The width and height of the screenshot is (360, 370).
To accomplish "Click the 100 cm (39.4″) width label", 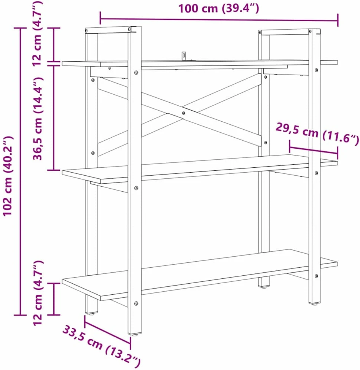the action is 218,8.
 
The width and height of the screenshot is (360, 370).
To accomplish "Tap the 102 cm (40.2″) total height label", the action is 8,176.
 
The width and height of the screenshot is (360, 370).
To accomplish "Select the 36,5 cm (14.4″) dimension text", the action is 37,119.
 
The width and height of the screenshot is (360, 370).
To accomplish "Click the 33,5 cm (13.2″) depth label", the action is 102,346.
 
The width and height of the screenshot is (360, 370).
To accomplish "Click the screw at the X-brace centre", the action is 183,113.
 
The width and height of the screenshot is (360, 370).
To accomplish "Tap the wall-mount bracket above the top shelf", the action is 184,56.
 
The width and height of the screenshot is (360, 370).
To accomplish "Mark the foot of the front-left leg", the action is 135,334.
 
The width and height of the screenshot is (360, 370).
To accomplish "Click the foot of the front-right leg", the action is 314,304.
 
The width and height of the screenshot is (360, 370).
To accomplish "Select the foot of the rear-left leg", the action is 91,314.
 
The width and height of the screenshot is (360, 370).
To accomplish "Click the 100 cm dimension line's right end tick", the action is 338,20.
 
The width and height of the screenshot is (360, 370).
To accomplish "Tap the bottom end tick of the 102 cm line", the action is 20,315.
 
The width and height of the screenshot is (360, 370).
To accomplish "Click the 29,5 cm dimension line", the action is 314,150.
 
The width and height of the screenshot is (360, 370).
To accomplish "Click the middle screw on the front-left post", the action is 136,188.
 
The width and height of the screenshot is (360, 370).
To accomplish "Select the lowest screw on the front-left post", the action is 136,303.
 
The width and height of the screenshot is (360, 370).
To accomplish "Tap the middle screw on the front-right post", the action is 317,173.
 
